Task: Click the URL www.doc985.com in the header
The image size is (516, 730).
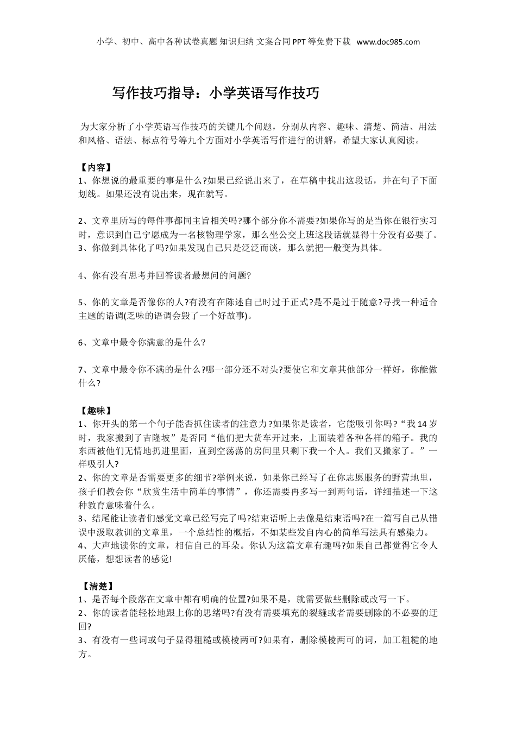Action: pyautogui.click(x=388, y=42)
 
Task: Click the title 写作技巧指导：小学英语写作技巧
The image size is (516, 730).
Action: pyautogui.click(x=216, y=93)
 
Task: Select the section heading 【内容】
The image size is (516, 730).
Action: pyautogui.click(x=96, y=167)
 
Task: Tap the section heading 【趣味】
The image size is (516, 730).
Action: pyautogui.click(x=96, y=410)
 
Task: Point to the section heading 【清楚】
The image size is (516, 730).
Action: pyautogui.click(x=98, y=586)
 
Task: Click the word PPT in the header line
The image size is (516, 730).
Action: pyautogui.click(x=300, y=42)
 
